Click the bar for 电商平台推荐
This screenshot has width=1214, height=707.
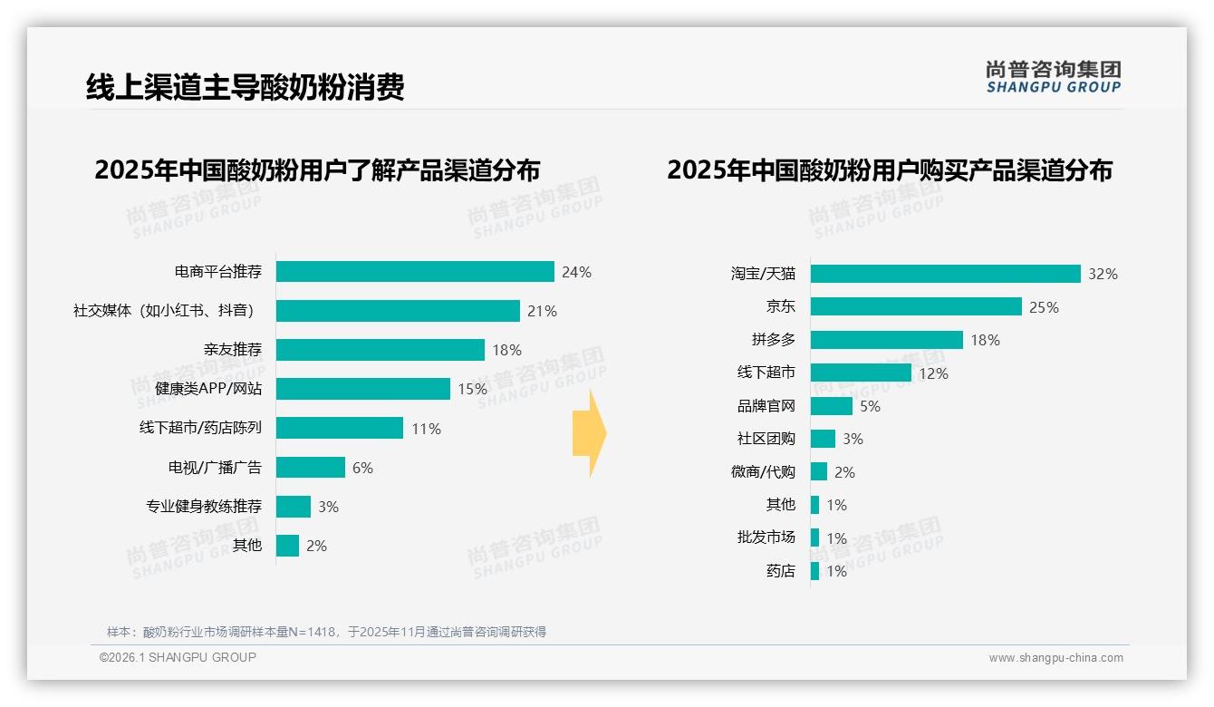[x=415, y=272]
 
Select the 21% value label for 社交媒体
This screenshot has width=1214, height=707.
[x=542, y=311]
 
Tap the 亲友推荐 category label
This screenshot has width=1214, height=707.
[x=233, y=350]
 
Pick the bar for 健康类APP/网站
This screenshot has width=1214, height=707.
[x=363, y=389]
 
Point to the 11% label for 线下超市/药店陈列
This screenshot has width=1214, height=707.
[x=426, y=429]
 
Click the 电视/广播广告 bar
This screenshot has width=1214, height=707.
[x=311, y=468]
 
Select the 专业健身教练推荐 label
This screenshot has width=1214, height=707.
[x=204, y=507]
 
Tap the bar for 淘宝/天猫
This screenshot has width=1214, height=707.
[x=945, y=274]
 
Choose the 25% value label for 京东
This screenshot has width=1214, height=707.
[x=1044, y=307]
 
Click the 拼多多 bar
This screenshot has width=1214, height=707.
[x=886, y=340]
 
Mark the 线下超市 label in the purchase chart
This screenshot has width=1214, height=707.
[x=766, y=373]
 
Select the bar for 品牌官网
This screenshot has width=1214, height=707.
[x=831, y=406]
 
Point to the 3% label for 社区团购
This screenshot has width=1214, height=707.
[x=853, y=439]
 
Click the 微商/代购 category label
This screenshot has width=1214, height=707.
[x=763, y=471]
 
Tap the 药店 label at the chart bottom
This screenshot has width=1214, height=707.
[x=780, y=571]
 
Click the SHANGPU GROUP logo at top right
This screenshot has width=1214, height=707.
[x=1053, y=77]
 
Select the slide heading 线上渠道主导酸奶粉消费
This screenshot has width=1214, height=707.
[x=245, y=87]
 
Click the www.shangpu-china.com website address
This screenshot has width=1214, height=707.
[x=1055, y=658]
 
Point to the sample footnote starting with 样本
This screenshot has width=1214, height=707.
[x=326, y=632]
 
